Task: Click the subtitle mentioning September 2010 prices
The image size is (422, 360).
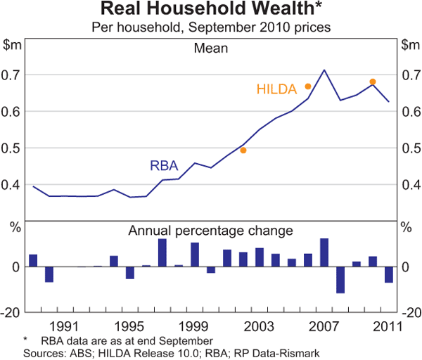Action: tap(211, 27)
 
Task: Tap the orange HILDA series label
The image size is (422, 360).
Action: tap(277, 89)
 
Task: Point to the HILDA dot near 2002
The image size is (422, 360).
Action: tap(243, 150)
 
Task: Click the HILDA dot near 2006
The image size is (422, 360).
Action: tap(308, 86)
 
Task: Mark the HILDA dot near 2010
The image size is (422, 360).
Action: tap(373, 82)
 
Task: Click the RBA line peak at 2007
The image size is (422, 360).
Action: tap(324, 70)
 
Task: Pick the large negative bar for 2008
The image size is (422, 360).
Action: tap(340, 280)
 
